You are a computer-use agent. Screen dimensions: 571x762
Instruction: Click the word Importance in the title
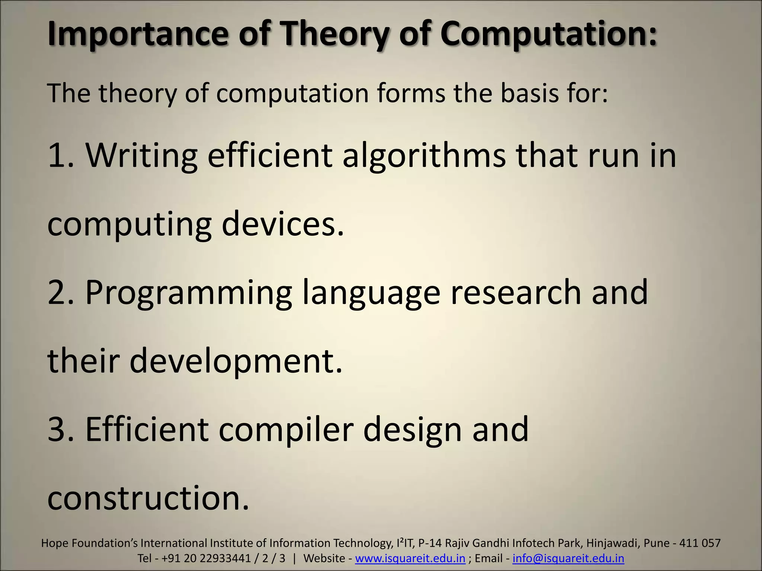click(x=137, y=34)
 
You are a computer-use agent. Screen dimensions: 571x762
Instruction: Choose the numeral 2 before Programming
click(x=58, y=292)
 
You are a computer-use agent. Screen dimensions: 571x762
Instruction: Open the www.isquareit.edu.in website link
click(x=410, y=558)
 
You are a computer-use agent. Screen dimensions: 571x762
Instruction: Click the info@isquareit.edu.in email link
click(x=568, y=558)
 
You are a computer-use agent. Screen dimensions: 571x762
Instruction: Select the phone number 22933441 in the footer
click(x=225, y=558)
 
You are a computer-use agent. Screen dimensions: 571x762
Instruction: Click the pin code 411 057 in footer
click(x=700, y=543)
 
